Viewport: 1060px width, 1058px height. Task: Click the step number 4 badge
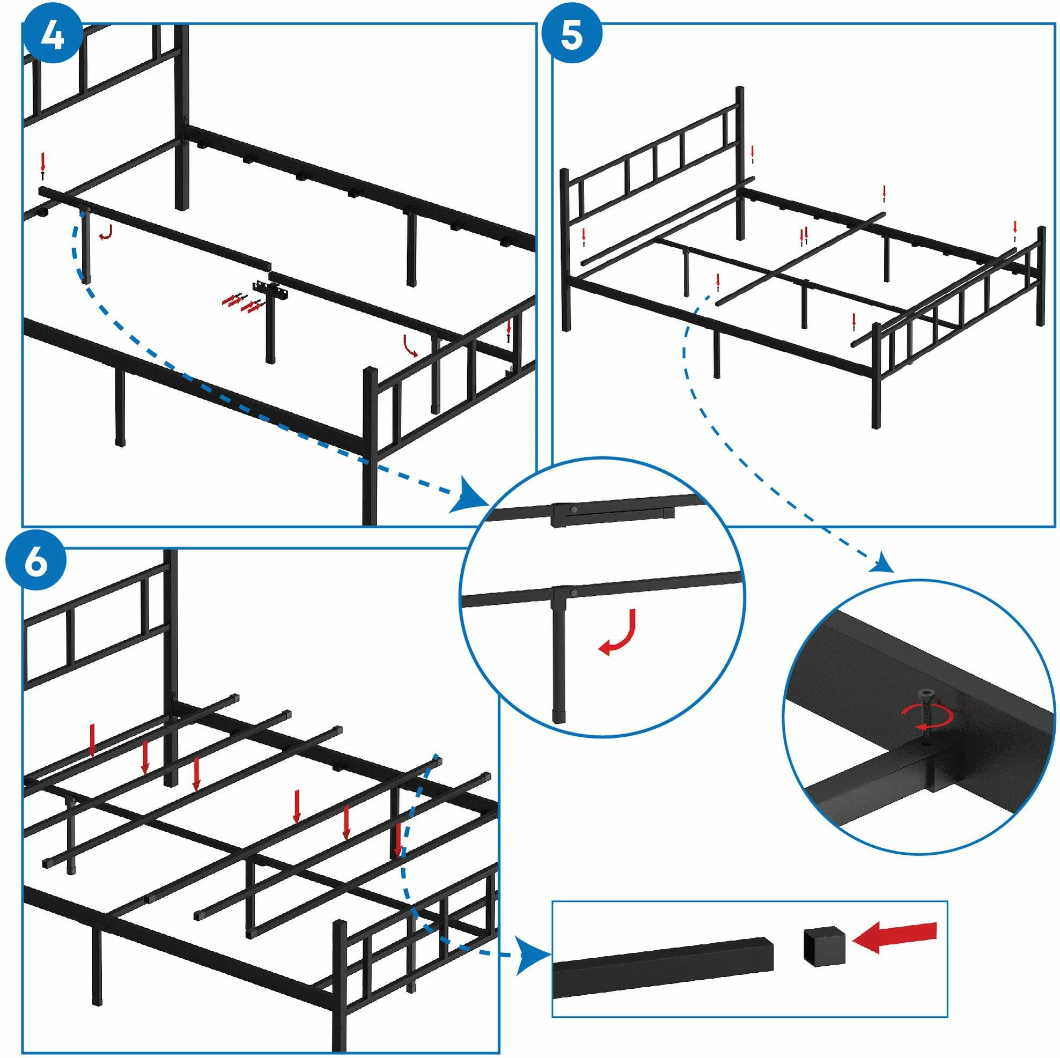(x=52, y=37)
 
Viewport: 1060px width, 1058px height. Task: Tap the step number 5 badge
(x=572, y=37)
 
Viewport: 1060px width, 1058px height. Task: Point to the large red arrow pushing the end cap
(x=895, y=937)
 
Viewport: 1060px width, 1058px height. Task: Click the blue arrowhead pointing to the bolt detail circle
(x=884, y=562)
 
